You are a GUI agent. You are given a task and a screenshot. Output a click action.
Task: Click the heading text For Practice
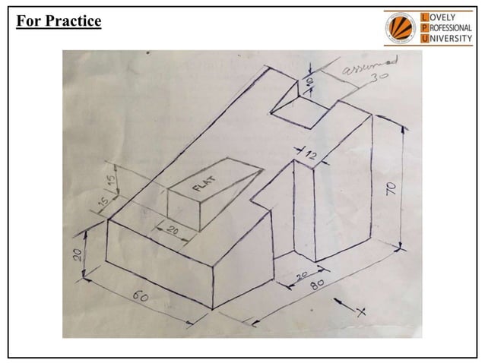point(59,21)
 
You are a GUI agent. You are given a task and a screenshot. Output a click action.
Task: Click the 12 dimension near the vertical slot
point(310,155)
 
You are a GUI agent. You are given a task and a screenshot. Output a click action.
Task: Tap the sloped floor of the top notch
point(300,113)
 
